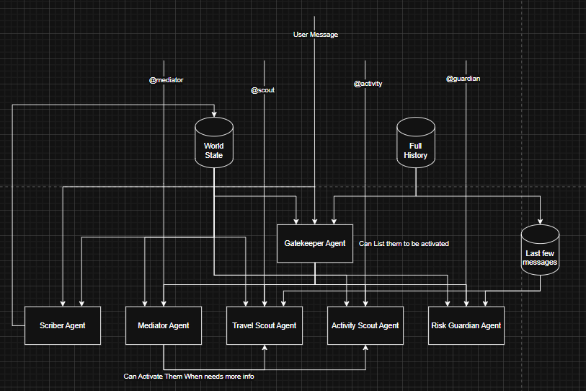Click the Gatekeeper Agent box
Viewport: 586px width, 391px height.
click(314, 244)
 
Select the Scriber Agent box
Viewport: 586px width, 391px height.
click(62, 325)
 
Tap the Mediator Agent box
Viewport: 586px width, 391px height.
click(163, 325)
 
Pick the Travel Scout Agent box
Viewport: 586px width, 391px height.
click(264, 325)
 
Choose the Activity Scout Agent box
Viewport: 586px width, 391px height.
click(365, 325)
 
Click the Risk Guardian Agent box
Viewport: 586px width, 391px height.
click(466, 325)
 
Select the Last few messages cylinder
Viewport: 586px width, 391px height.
click(541, 250)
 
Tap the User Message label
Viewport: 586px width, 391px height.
click(315, 35)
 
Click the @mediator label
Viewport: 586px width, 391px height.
click(166, 80)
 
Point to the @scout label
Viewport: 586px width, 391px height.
click(262, 90)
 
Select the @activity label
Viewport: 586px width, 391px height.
click(368, 84)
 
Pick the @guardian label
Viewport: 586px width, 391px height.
click(463, 78)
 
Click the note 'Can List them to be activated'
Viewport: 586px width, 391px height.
click(404, 244)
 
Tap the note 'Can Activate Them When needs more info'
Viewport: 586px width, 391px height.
click(189, 377)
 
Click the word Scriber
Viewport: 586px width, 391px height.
click(53, 325)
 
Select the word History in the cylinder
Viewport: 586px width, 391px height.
click(416, 155)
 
